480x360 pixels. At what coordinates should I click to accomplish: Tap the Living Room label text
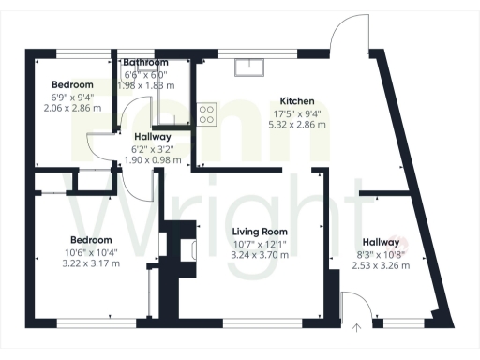point(260,231)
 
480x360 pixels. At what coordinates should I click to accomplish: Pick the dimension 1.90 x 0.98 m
point(152,159)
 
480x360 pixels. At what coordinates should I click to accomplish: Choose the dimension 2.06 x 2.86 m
point(72,108)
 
